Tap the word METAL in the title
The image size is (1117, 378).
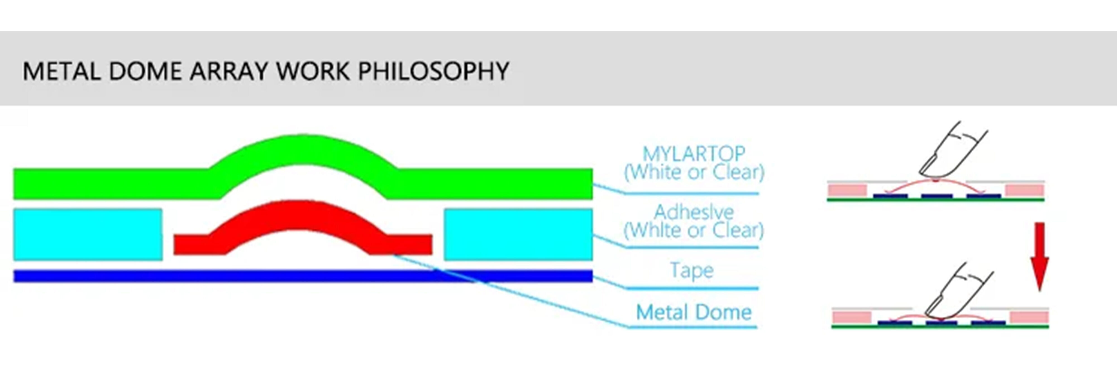tap(61, 71)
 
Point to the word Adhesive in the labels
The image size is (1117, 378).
tap(693, 212)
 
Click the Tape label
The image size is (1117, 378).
tap(692, 271)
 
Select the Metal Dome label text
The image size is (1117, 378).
tap(693, 312)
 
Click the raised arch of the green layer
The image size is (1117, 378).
tap(304, 149)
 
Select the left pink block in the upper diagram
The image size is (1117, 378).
tap(847, 190)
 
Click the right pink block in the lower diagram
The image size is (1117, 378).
tap(1029, 317)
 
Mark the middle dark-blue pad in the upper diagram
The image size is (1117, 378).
tap(937, 196)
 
